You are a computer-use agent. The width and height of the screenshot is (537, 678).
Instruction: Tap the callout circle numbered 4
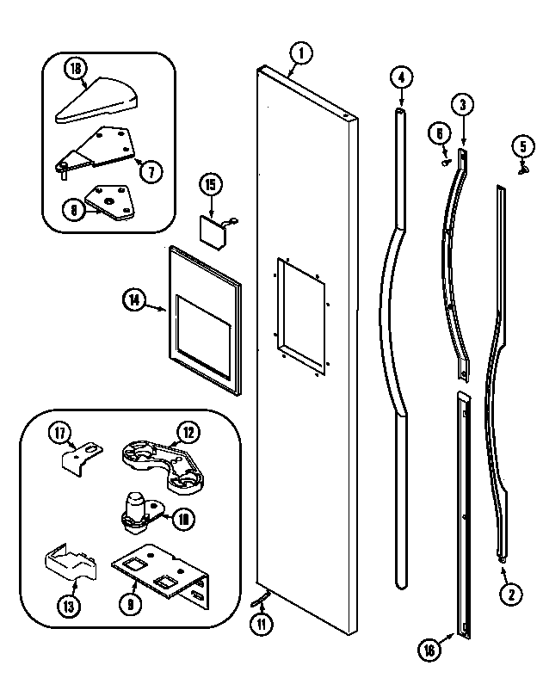coord(399,77)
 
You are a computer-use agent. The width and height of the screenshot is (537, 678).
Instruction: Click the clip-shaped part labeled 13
coord(68,570)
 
